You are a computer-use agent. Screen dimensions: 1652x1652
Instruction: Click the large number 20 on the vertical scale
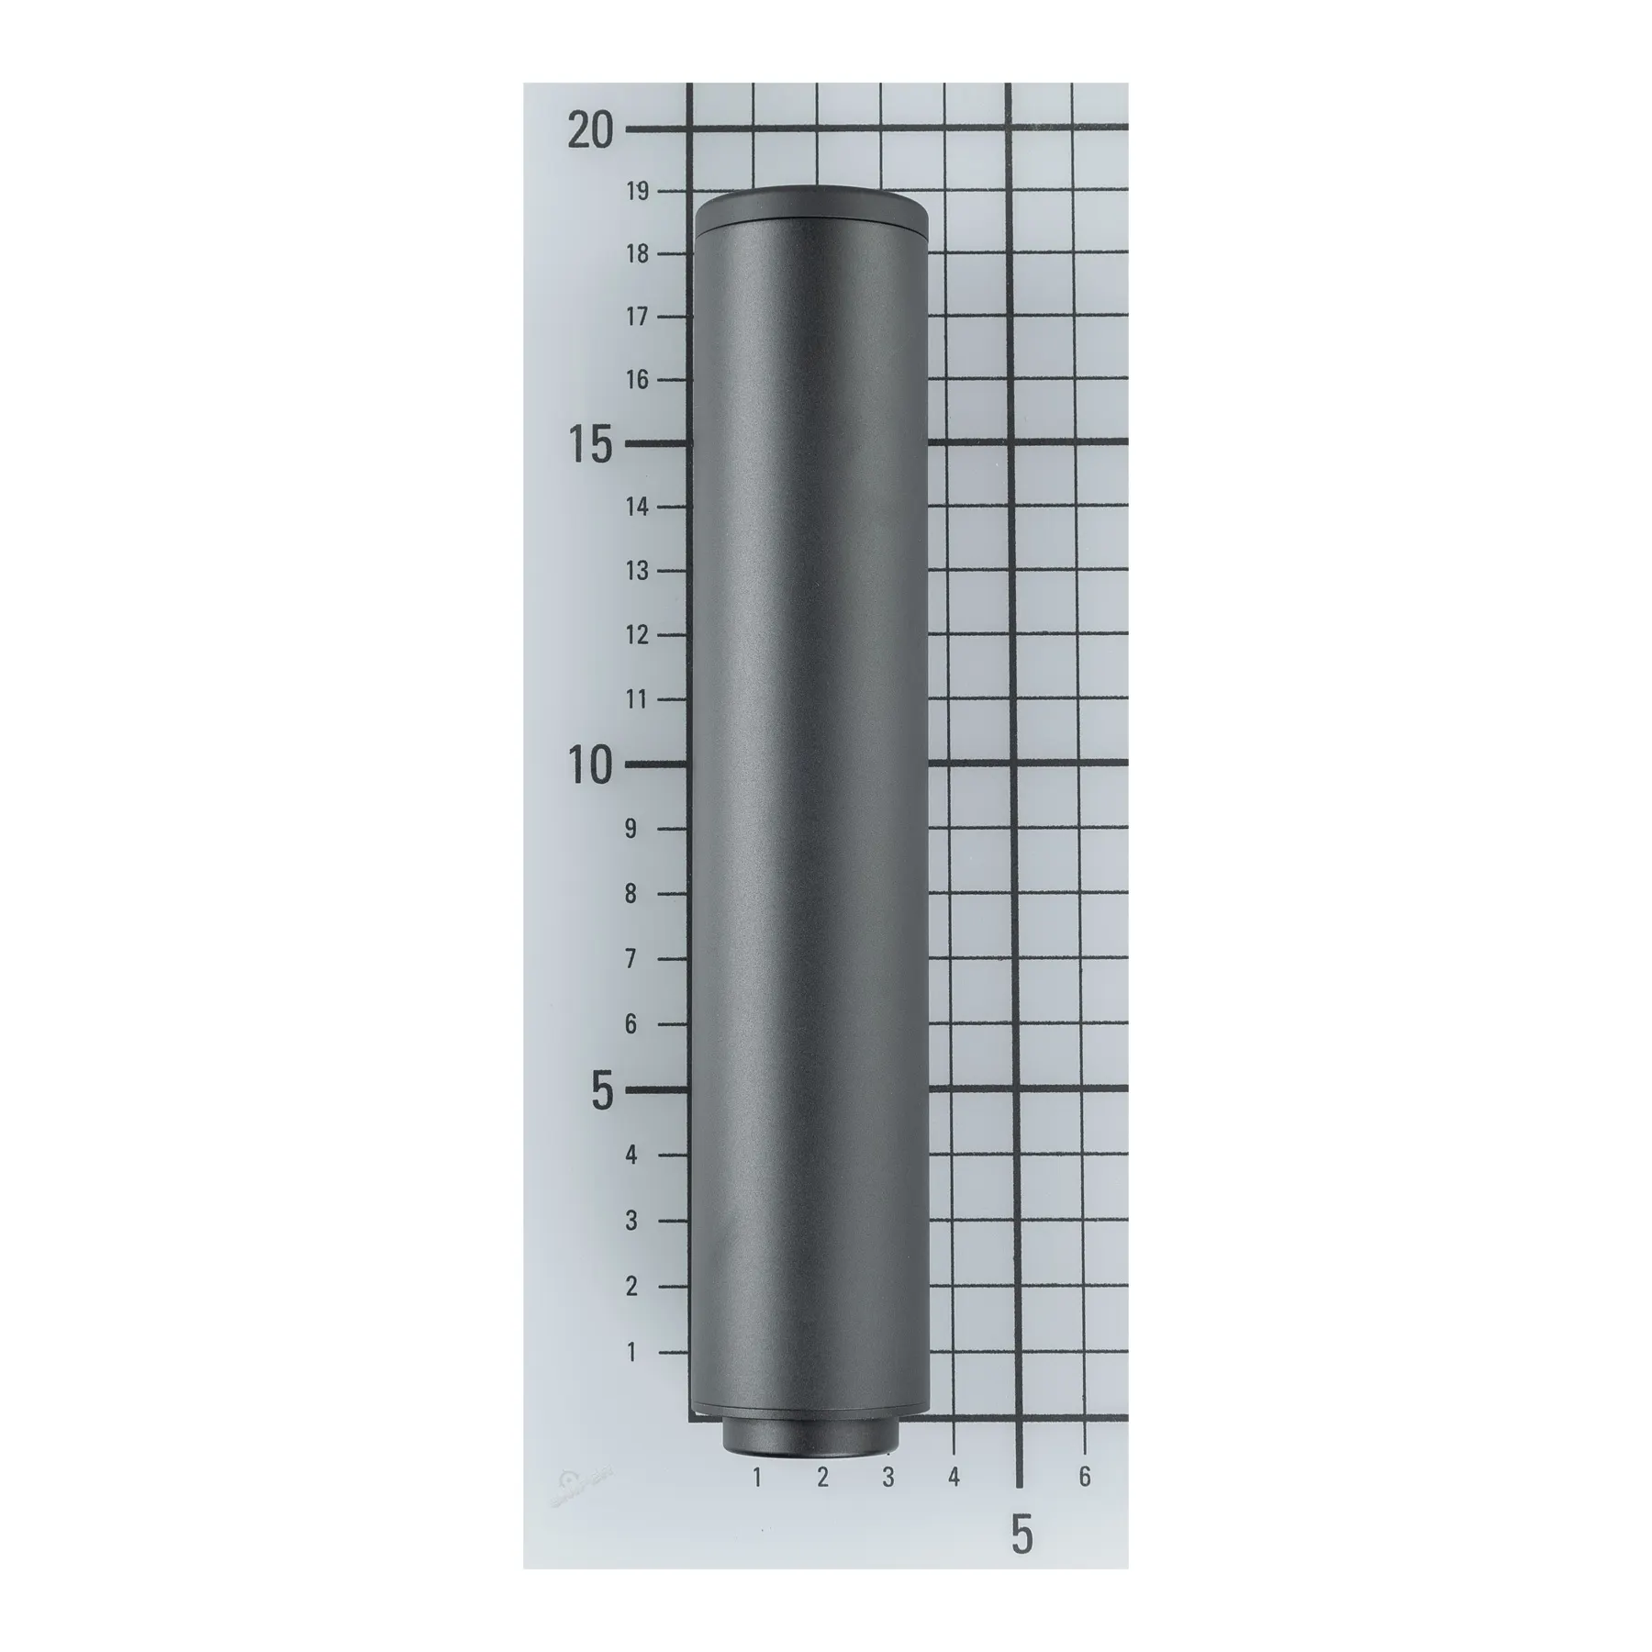[x=589, y=131]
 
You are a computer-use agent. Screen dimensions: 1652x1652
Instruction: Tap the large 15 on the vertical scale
[x=589, y=446]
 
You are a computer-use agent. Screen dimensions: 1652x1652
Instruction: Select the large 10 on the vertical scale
[x=589, y=765]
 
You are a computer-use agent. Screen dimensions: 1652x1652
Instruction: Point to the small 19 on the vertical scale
[x=637, y=191]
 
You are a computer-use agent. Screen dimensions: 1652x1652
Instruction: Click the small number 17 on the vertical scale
[x=637, y=317]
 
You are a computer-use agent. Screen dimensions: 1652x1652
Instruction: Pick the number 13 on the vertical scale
[x=637, y=571]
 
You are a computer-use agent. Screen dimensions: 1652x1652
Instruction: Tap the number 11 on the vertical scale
[x=637, y=699]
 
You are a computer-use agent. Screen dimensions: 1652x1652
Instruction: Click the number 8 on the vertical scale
[x=631, y=894]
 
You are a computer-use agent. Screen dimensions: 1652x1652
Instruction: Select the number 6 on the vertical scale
[x=631, y=1024]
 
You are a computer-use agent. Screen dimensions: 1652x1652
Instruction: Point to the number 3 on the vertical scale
[x=631, y=1222]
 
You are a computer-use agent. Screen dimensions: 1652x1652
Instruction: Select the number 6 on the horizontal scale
[x=1085, y=1477]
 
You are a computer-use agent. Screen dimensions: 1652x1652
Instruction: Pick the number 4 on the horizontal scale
[x=954, y=1477]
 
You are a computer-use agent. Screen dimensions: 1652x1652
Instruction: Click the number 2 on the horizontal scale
[x=822, y=1477]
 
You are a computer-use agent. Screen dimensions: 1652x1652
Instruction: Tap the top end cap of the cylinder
[x=811, y=206]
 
